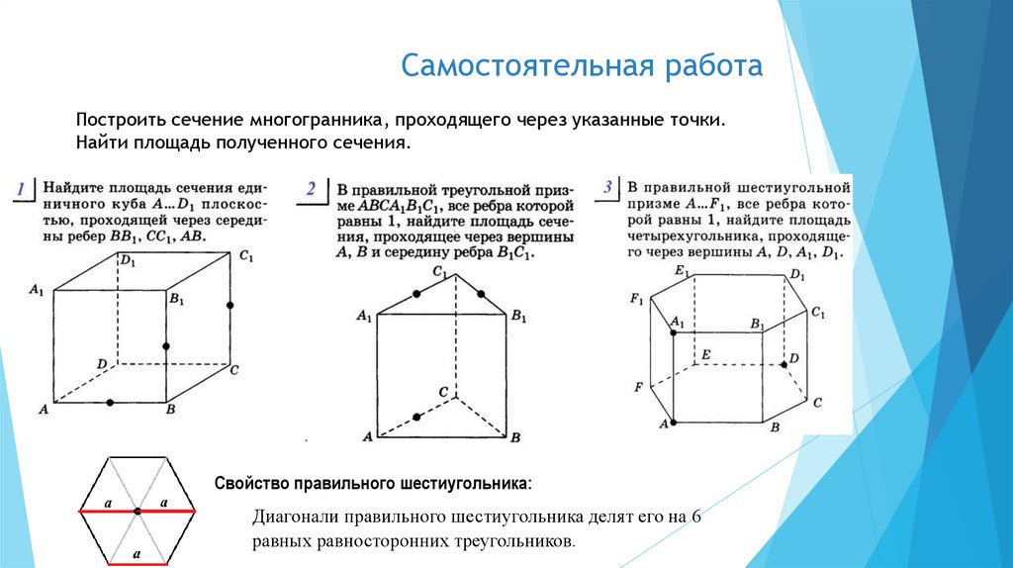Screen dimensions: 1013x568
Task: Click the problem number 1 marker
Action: (20, 188)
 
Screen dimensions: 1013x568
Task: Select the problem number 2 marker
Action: (312, 189)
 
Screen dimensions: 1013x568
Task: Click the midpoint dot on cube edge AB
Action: (110, 402)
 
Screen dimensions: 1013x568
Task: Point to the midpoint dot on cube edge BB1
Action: (165, 346)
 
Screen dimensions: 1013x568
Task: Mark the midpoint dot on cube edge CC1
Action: (230, 307)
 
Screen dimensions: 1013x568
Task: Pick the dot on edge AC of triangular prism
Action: (416, 417)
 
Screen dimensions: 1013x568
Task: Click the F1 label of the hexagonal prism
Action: (636, 299)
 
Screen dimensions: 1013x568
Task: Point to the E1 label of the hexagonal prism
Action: (681, 270)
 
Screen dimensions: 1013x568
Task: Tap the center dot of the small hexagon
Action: (138, 509)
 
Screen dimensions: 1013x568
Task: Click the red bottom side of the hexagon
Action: (138, 562)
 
